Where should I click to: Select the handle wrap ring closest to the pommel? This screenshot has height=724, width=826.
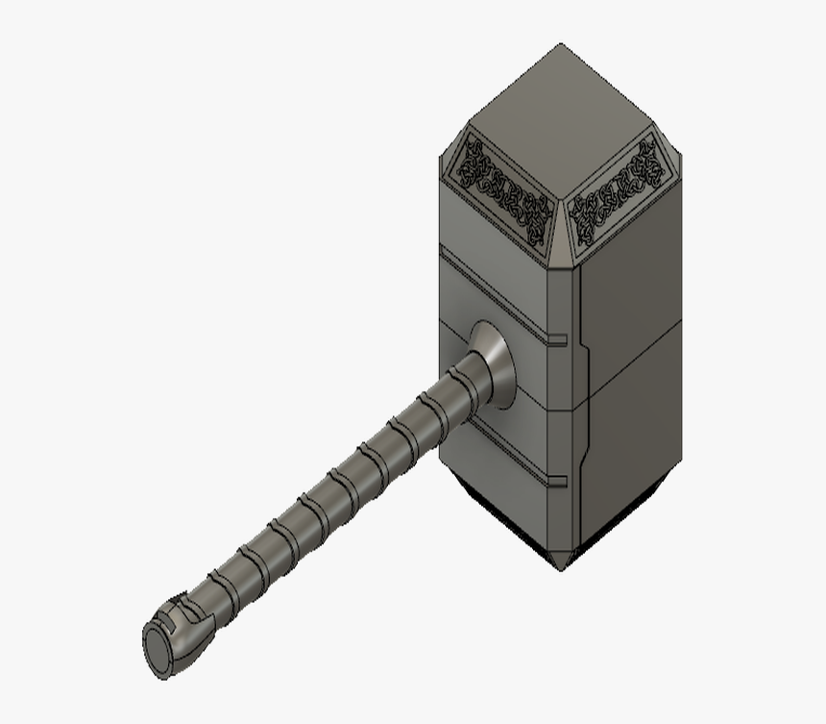pos(219,582)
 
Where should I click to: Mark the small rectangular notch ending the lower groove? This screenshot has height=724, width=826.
pos(555,478)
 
